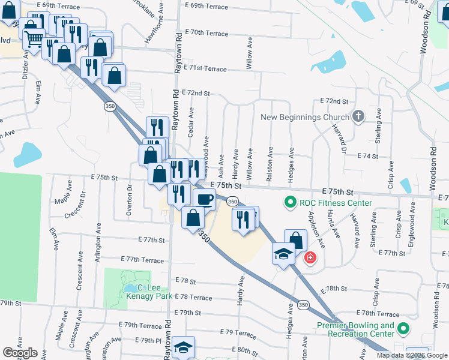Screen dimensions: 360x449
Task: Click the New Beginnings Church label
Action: pyautogui.click(x=305, y=117)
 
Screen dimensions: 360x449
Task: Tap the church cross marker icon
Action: pyautogui.click(x=358, y=116)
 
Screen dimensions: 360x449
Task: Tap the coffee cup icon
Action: pyautogui.click(x=205, y=199)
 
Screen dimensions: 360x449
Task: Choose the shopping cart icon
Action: pyautogui.click(x=34, y=39)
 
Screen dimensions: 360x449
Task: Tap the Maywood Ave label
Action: pyautogui.click(x=206, y=152)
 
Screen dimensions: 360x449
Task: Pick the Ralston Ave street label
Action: pyautogui.click(x=270, y=163)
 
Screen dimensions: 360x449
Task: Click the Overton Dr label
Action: pyautogui.click(x=130, y=196)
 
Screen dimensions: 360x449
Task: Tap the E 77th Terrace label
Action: pyautogui.click(x=142, y=260)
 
